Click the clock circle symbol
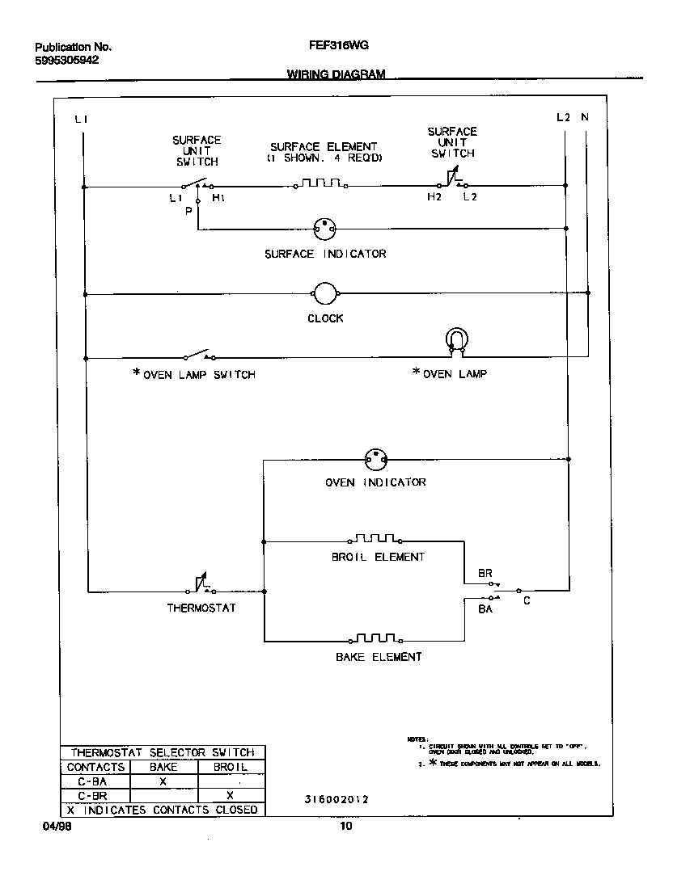324,294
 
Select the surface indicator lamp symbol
324,229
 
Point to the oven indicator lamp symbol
375,461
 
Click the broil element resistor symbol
375,538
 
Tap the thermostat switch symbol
201,587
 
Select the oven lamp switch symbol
197,356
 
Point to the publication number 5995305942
67,61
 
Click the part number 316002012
336,800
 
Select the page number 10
345,827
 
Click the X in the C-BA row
163,781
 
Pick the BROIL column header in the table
230,767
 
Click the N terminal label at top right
585,117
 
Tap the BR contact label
485,573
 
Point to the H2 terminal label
435,196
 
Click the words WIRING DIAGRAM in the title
336,74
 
